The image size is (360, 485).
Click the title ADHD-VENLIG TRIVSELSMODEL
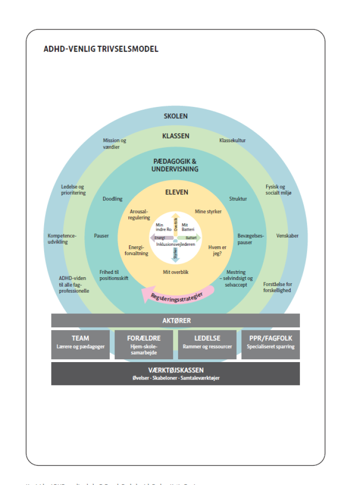(101, 49)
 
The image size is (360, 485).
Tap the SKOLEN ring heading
(175, 116)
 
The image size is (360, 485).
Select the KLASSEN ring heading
(175, 136)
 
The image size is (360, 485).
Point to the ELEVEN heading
(176, 192)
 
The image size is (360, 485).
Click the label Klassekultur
(232, 140)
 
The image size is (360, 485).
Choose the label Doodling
(112, 199)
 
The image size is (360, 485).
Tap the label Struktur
(238, 199)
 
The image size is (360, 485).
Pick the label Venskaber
(287, 235)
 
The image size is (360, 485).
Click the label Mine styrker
(208, 212)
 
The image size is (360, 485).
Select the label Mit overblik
(176, 272)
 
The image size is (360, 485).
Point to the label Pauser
(101, 235)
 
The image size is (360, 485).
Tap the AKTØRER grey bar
(175, 321)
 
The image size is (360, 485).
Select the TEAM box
(80, 344)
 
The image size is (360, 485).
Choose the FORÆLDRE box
(144, 344)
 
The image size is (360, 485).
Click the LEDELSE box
(207, 344)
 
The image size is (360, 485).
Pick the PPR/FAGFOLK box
(270, 344)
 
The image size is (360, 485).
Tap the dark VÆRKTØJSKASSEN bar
(175, 373)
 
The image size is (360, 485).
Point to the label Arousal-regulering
(140, 214)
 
